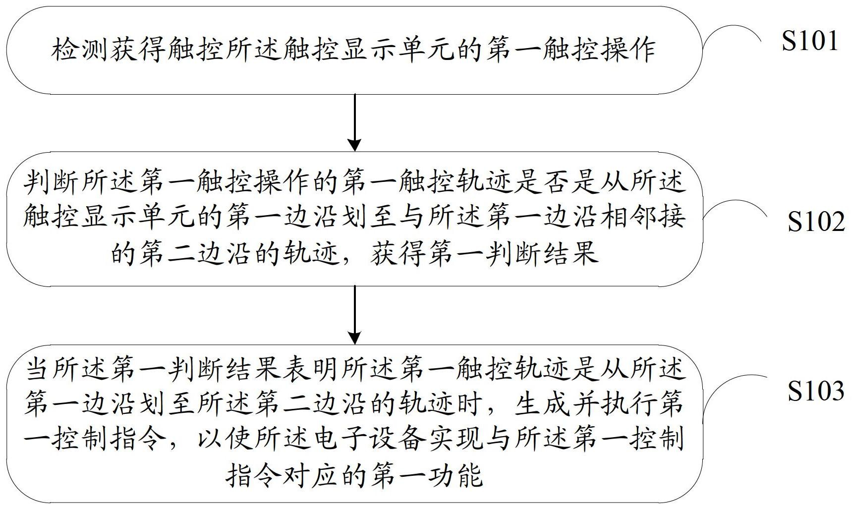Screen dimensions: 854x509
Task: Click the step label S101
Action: click(810, 41)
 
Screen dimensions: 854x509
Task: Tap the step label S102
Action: click(816, 222)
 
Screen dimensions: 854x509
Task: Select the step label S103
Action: click(816, 391)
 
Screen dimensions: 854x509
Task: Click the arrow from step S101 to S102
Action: click(354, 122)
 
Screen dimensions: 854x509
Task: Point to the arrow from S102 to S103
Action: click(354, 315)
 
